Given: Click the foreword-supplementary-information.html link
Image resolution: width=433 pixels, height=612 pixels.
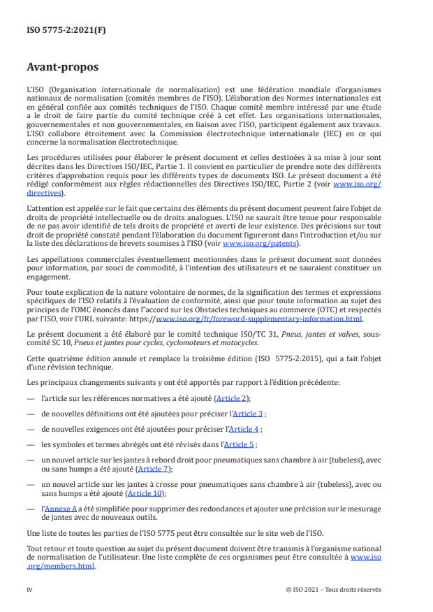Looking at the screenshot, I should [x=293, y=318].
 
